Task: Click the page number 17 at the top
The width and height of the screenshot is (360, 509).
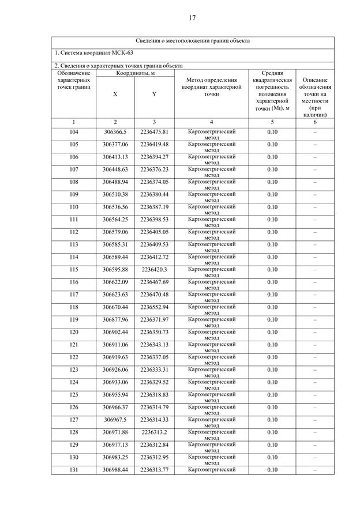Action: (x=192, y=18)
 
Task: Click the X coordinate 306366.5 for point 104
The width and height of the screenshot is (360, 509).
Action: (x=115, y=132)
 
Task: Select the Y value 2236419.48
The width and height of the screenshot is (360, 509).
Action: (x=154, y=144)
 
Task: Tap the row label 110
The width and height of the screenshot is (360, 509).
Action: (x=74, y=207)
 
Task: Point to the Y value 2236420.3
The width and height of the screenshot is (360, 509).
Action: (x=154, y=269)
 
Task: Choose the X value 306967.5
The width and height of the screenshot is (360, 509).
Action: (x=115, y=420)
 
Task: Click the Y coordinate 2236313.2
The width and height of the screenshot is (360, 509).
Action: (x=154, y=432)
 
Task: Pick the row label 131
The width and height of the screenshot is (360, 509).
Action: (x=74, y=470)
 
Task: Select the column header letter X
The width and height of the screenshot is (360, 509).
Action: (x=115, y=94)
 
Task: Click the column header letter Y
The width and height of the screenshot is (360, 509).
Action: (x=154, y=94)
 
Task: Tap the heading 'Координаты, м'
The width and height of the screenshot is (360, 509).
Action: (x=134, y=73)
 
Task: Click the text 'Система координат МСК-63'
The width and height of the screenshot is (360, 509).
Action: (x=92, y=53)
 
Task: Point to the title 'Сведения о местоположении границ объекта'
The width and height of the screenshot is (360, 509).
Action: (x=193, y=41)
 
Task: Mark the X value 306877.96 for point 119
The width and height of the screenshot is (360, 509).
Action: (x=115, y=319)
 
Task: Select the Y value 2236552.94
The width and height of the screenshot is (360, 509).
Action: (x=154, y=307)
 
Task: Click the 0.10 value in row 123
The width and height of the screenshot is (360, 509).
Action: (x=272, y=370)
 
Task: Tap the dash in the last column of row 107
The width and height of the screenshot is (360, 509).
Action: (x=315, y=169)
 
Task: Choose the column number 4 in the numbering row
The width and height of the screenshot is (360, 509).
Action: (x=211, y=122)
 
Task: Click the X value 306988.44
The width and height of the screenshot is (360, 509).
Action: (x=115, y=470)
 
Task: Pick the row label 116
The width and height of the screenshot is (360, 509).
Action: (x=74, y=282)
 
